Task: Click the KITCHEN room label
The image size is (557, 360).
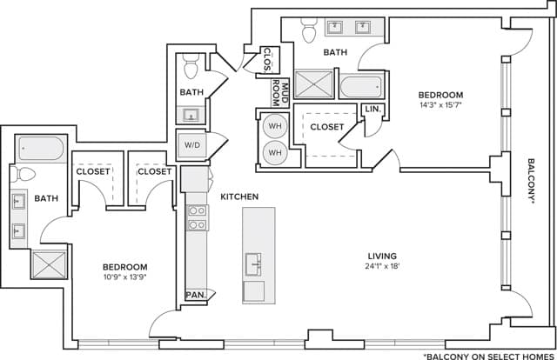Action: click(x=239, y=197)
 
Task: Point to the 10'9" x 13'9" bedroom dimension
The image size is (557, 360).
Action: click(x=126, y=278)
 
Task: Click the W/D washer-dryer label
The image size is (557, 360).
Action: click(x=191, y=145)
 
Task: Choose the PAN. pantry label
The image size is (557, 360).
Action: click(x=196, y=296)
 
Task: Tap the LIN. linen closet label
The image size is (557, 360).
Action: click(x=372, y=110)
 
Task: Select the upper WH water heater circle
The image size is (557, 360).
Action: click(x=275, y=126)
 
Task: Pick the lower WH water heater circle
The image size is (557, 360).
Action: click(x=275, y=152)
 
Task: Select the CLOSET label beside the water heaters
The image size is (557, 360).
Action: click(x=326, y=127)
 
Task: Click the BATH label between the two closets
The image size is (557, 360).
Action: click(x=335, y=52)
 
